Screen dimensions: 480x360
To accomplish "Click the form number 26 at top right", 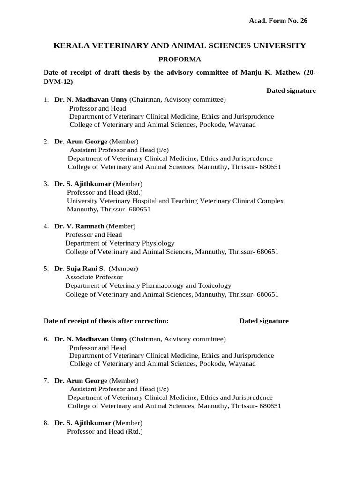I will point(304,21).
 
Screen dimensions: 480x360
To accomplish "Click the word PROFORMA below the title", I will point(180,60).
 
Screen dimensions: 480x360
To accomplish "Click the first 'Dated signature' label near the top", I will point(291,90).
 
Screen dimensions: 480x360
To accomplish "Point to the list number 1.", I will point(46,99).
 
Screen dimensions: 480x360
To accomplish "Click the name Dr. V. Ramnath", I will point(79,226).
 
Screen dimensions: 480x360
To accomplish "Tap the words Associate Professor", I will point(93,277).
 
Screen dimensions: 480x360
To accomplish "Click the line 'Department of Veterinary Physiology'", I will point(120,243).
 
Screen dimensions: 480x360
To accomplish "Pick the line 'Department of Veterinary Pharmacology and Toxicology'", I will point(148,285).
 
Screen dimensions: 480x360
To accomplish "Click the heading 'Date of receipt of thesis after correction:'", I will point(106,321).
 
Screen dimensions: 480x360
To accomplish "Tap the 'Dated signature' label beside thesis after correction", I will point(264,321).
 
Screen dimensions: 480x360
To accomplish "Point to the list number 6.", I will point(46,338).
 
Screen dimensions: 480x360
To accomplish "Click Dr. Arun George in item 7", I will point(81,381).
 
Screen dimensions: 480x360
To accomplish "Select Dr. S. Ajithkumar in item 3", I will point(83,184).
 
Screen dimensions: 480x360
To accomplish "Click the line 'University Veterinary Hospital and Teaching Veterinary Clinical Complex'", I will point(175,201).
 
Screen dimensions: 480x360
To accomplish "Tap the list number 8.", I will point(46,423).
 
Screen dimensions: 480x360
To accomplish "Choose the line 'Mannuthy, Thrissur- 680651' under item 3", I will point(109,209).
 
